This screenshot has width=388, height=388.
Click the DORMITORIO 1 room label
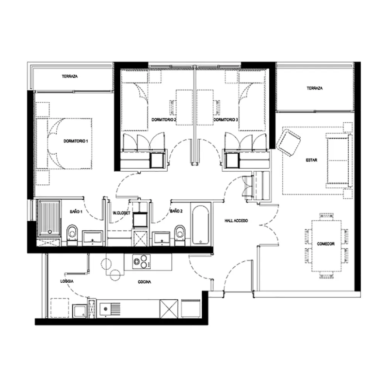[76, 141]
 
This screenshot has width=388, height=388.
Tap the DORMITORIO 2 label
[164, 120]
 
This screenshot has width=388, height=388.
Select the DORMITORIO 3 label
[226, 120]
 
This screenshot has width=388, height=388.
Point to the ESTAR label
[311, 160]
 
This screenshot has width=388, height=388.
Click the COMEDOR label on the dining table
[325, 244]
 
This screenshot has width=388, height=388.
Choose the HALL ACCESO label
[236, 221]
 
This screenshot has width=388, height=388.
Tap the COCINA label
[145, 282]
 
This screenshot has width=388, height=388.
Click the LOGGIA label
[67, 281]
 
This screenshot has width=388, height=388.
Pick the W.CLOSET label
[121, 213]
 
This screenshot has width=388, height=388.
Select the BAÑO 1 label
[76, 211]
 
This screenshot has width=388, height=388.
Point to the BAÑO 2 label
[176, 211]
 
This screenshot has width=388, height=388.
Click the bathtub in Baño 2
[200, 225]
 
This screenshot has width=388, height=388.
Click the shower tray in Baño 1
[49, 218]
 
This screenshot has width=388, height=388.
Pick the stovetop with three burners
[141, 261]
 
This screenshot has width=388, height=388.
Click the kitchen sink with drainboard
[110, 309]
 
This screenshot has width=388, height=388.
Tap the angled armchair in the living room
[289, 143]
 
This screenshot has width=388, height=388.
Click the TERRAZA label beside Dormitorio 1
[70, 76]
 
